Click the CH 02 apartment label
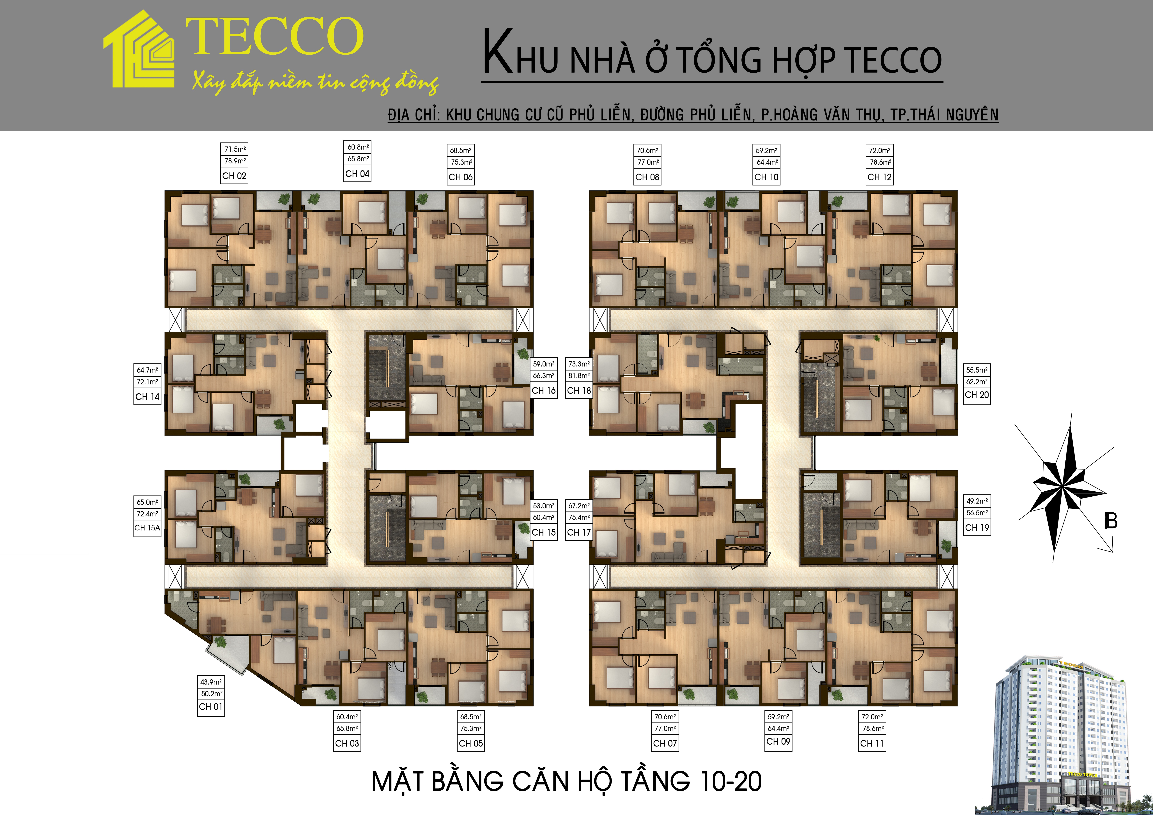click(234, 176)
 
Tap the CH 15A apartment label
click(147, 528)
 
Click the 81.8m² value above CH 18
click(579, 376)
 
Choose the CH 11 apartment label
click(872, 743)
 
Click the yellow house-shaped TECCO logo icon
click(139, 50)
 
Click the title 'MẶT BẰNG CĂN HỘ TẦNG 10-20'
click(566, 781)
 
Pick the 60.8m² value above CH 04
click(358, 147)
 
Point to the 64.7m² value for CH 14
click(147, 370)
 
